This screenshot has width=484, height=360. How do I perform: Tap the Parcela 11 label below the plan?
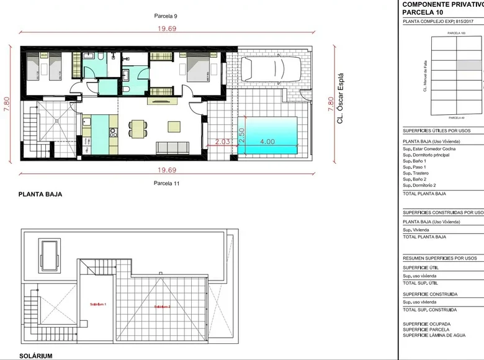tap(166, 183)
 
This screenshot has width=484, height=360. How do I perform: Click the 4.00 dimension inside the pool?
tap(267, 142)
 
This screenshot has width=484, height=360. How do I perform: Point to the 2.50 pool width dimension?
tap(242, 136)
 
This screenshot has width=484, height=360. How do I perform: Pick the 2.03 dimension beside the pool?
tap(222, 142)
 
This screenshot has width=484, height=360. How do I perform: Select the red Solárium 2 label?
tap(162, 307)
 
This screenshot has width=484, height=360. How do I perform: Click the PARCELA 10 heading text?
tap(424, 12)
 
